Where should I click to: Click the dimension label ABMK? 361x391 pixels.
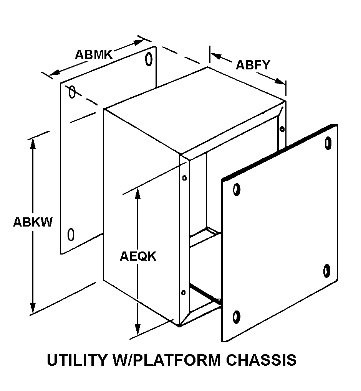93,54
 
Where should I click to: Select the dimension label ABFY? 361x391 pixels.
253,65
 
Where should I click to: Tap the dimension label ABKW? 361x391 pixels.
33,222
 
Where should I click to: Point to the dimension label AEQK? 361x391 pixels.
138,256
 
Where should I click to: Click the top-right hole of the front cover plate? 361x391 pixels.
328,143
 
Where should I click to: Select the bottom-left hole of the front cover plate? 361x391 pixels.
236,317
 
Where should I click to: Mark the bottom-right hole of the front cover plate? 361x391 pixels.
327,271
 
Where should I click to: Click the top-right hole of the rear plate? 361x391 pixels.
149,59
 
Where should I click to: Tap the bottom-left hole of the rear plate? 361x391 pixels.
71,234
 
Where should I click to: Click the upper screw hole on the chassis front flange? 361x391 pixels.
184,178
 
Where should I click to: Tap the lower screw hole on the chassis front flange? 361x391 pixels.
183,293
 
